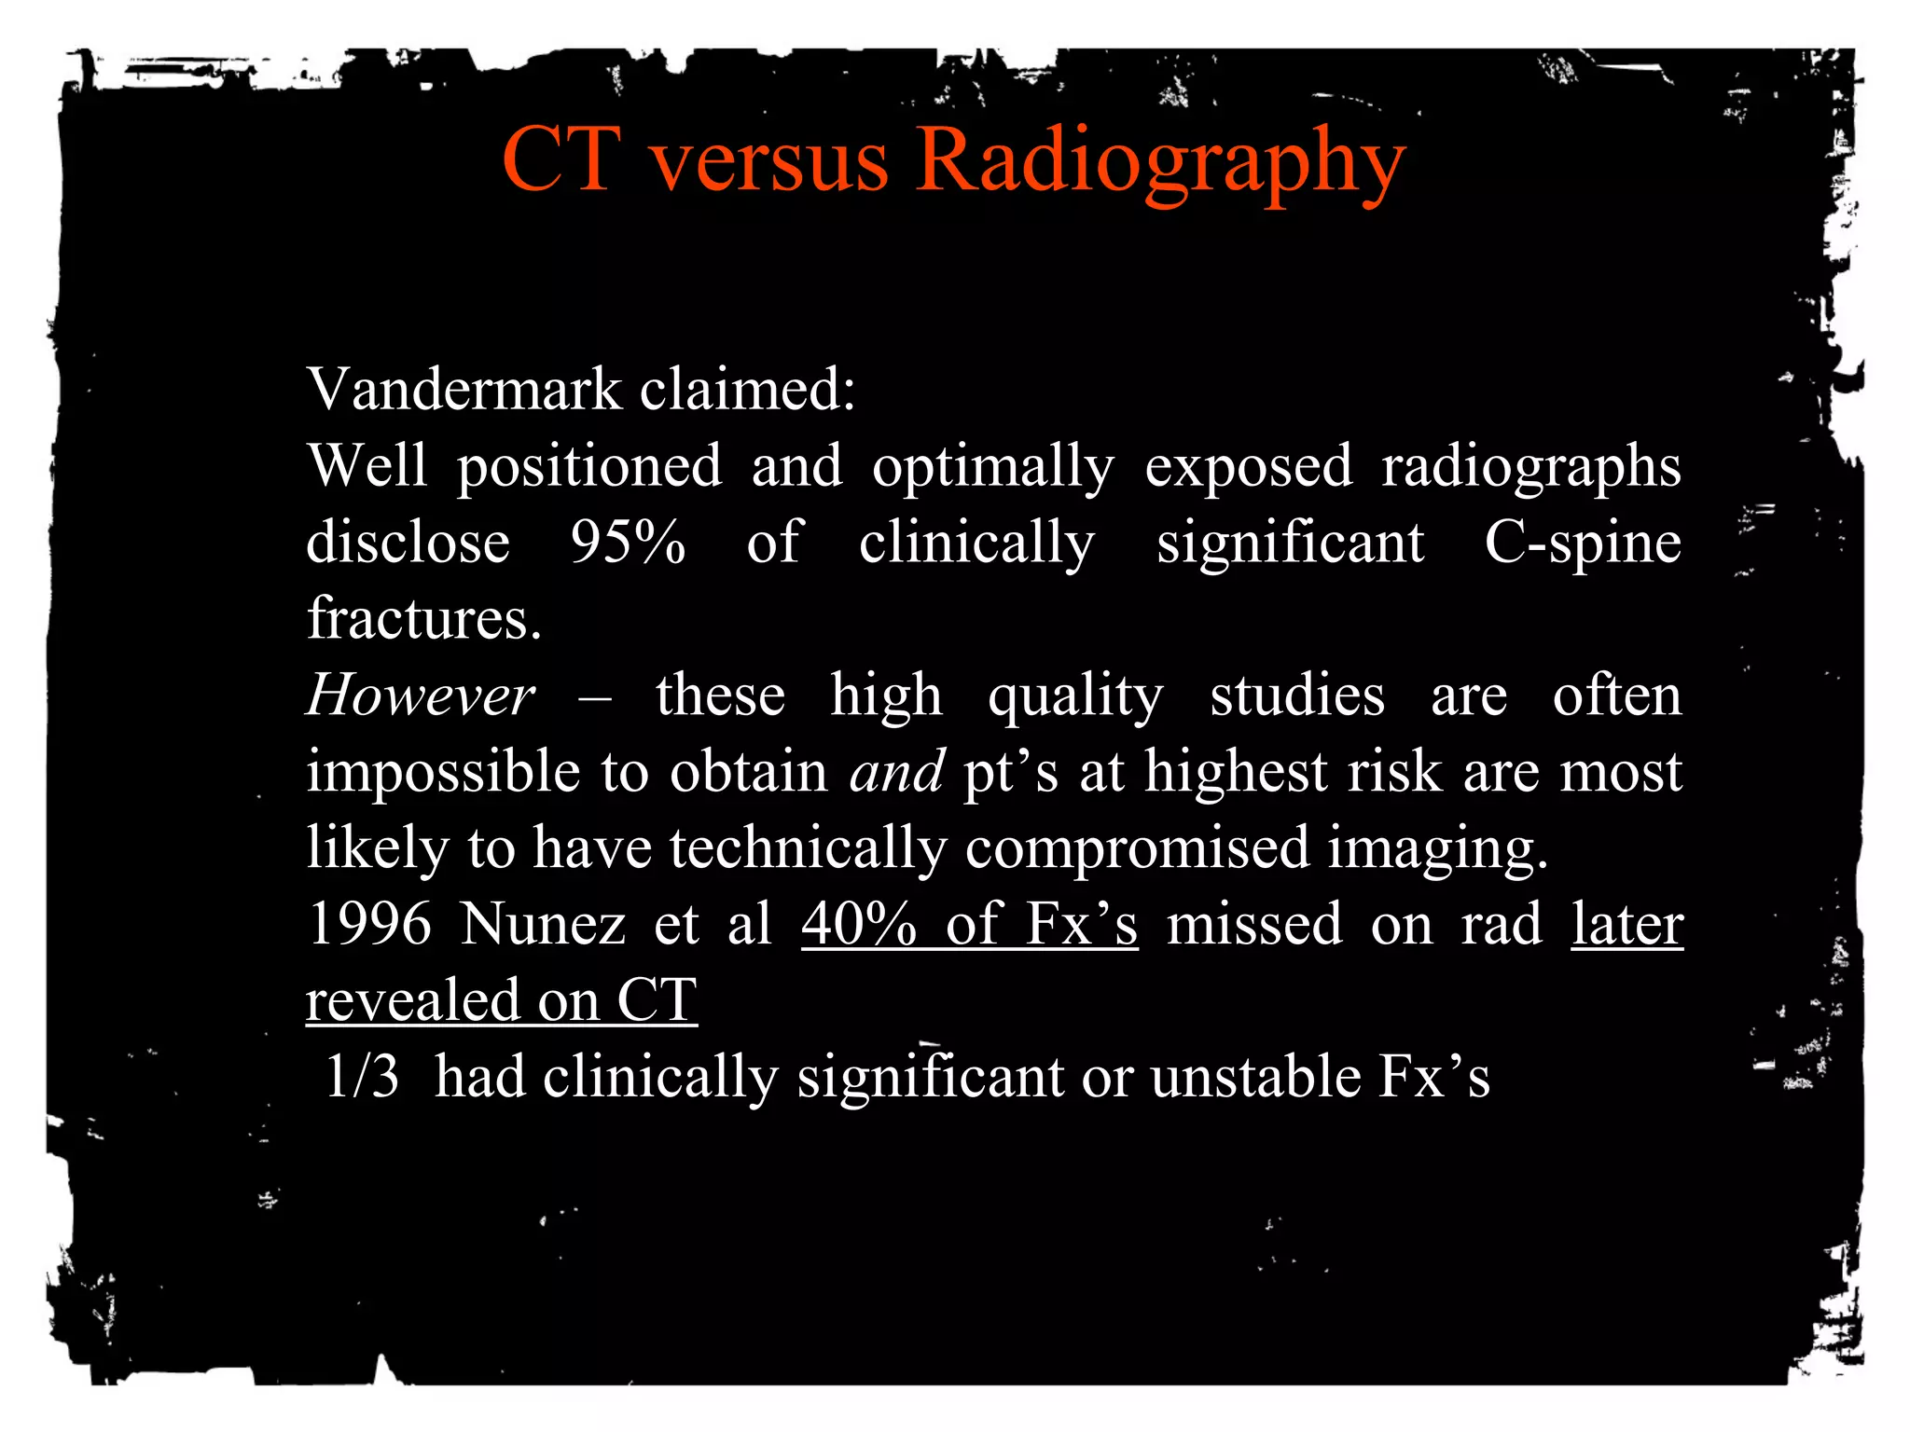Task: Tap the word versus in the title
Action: point(769,160)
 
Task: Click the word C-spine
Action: point(1583,543)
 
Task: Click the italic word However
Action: point(421,695)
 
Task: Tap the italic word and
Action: point(896,772)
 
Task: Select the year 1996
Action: point(369,924)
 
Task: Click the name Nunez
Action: point(542,924)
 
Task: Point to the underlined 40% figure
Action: point(859,924)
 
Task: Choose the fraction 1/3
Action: point(362,1077)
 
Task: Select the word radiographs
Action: point(1531,466)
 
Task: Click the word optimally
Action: point(992,466)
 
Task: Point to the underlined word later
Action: point(1627,924)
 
